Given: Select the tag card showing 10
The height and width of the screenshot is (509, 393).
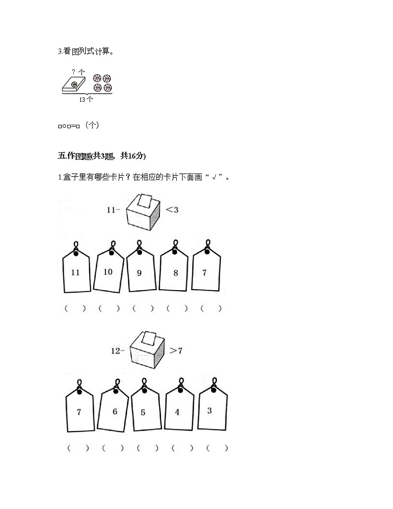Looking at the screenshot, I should click(x=108, y=271).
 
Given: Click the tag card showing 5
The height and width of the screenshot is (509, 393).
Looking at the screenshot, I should click(x=145, y=411).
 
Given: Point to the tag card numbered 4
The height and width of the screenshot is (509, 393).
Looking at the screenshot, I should click(x=178, y=411).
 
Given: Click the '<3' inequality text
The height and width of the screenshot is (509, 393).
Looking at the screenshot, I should click(x=172, y=210).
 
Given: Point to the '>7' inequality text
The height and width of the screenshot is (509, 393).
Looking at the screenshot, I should click(x=176, y=351).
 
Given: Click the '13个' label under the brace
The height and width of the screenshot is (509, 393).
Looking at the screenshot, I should click(x=86, y=99).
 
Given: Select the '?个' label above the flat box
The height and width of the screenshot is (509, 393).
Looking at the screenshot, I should click(x=78, y=72).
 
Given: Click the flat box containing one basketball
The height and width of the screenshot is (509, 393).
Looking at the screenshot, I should click(x=75, y=85).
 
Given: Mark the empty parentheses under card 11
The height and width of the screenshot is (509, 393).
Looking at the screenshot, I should click(x=75, y=308).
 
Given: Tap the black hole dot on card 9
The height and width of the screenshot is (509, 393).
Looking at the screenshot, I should click(x=139, y=253).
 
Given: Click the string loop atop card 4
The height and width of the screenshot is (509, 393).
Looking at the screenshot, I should click(x=181, y=383).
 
